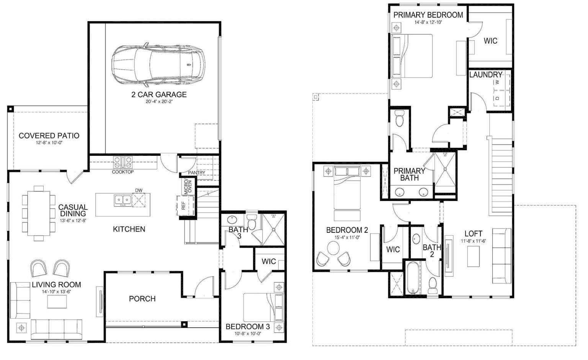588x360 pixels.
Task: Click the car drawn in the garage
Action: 158,64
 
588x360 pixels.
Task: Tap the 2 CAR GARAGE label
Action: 159,95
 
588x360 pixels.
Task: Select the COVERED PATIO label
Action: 49,136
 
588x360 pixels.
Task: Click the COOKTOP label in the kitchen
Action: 123,172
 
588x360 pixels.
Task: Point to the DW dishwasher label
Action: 139,190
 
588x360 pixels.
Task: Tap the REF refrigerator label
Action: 183,206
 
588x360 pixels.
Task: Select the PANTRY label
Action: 196,173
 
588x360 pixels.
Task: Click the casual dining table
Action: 38,213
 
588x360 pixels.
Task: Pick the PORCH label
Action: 142,299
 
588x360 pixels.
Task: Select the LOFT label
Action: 473,234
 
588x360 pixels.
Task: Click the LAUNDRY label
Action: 485,75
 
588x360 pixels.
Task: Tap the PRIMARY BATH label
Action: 409,174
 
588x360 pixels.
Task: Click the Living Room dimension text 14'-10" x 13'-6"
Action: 56,292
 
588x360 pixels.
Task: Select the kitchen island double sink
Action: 122,200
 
